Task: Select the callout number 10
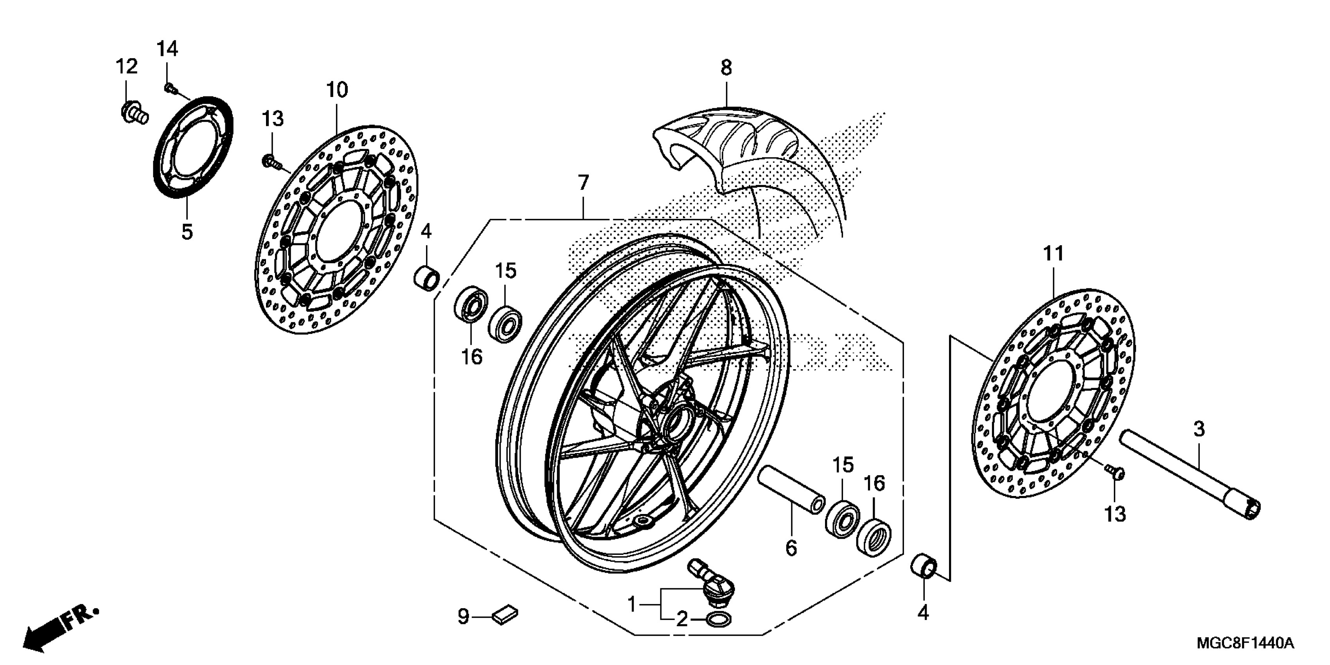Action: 337,90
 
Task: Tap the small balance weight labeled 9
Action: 506,615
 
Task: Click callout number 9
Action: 463,616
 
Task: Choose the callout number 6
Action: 791,547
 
